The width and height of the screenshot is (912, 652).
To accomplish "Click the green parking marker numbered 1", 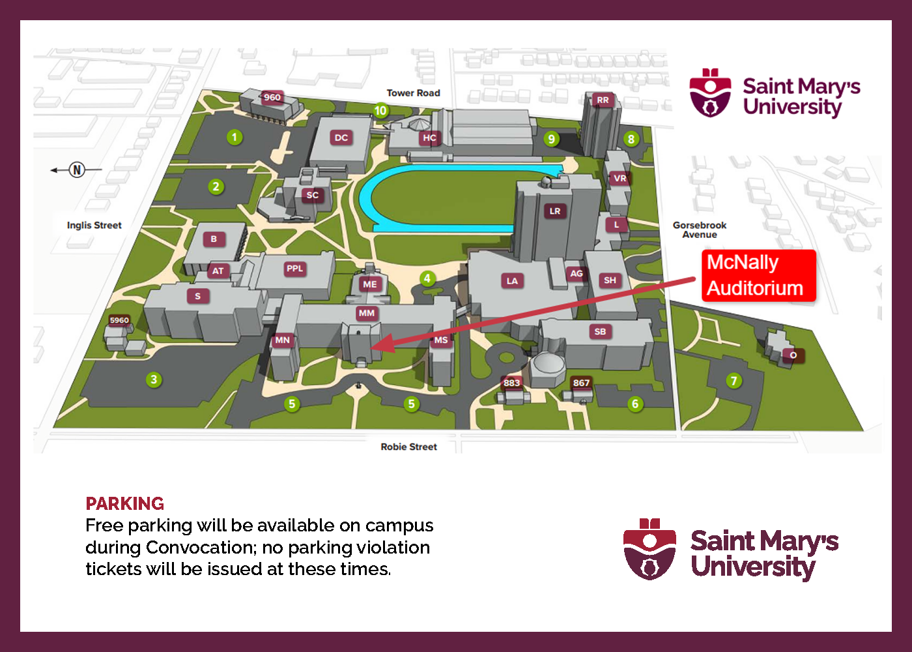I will point(235,137).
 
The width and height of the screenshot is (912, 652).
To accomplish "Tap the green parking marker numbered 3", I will point(154,379).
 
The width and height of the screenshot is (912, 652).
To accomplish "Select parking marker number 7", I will point(734,381).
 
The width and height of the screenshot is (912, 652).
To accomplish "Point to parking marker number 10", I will point(381,111).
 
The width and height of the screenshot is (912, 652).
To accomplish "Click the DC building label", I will point(341,138).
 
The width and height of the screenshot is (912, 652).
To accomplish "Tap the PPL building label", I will point(295,269).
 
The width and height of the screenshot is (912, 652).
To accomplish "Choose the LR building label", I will point(554,211).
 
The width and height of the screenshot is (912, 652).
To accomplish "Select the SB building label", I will point(600,331).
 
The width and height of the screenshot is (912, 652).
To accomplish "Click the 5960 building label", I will point(119,320).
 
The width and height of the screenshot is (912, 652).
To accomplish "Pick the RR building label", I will point(603,100).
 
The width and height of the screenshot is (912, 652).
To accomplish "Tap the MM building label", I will point(367,313).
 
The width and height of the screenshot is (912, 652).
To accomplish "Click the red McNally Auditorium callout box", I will point(758,275).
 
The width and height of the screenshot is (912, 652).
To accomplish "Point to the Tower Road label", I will point(413,93).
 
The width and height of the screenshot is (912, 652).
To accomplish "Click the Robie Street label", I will point(408,447).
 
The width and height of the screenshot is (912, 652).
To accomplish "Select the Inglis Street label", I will point(94,225).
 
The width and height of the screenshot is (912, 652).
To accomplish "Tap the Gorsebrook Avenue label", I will point(700,230).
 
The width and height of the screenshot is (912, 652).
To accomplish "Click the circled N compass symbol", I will point(77,170).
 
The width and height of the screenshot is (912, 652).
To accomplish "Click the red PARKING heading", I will point(124,503).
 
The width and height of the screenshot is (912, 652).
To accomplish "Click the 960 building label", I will point(272,98).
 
